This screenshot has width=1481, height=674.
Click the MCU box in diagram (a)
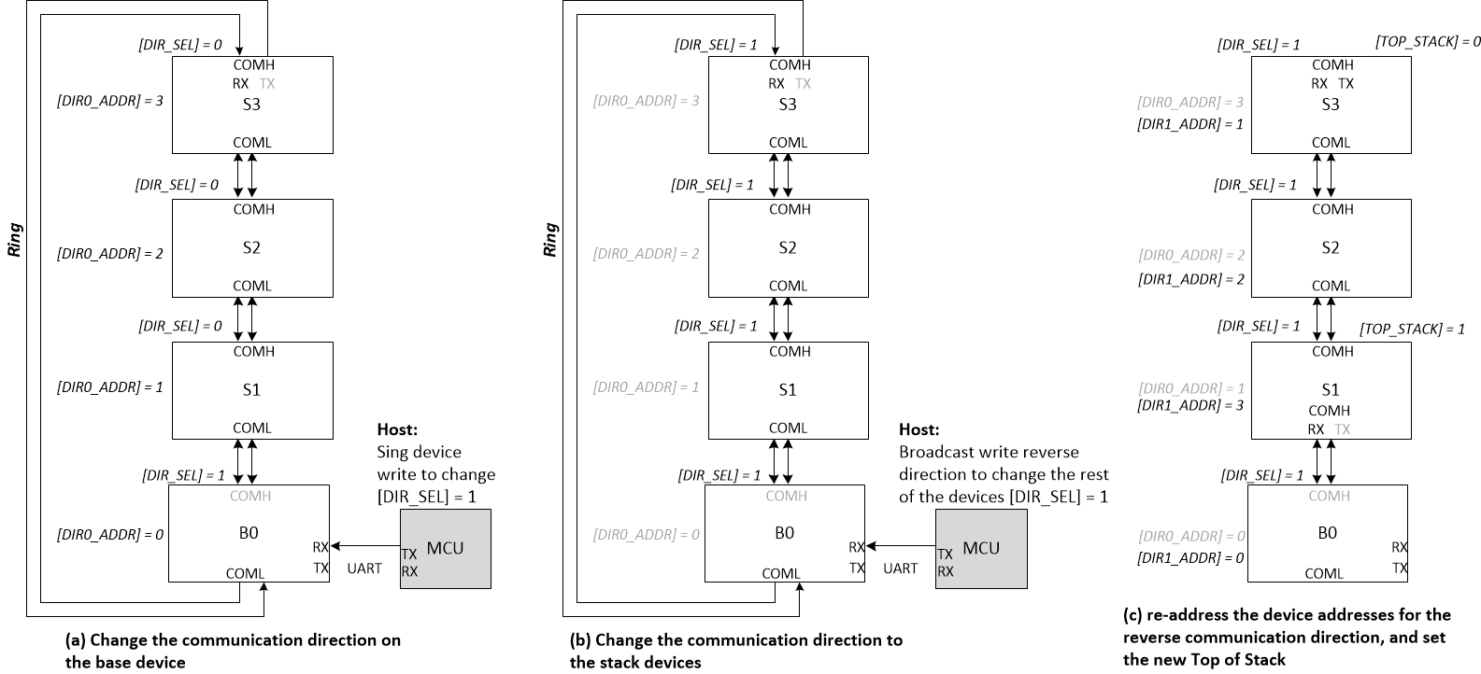pyautogui.click(x=445, y=549)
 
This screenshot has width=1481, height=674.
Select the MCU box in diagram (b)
pyautogui.click(x=981, y=549)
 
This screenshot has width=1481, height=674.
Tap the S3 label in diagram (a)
pyautogui.click(x=251, y=104)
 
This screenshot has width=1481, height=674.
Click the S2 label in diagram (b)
pyautogui.click(x=788, y=247)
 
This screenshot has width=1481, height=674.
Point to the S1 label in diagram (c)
pyautogui.click(x=1331, y=389)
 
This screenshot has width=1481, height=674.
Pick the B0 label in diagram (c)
pyautogui.click(x=1331, y=533)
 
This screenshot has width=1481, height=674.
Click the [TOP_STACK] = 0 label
pyautogui.click(x=1428, y=42)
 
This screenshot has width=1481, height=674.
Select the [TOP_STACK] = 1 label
pyautogui.click(x=1412, y=329)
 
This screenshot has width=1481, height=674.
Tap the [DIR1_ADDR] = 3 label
pyautogui.click(x=1190, y=405)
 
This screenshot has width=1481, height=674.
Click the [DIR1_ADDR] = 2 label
pyautogui.click(x=1190, y=279)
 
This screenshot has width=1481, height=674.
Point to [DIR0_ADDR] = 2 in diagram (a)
pyautogui.click(x=110, y=253)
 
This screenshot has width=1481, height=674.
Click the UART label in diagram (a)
pyautogui.click(x=364, y=568)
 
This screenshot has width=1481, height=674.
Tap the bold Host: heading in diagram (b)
pyautogui.click(x=919, y=429)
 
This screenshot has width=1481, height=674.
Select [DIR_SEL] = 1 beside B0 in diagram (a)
pyautogui.click(x=183, y=474)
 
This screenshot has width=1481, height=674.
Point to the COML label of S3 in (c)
pyautogui.click(x=1331, y=143)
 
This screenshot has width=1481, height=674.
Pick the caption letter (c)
pyautogui.click(x=1132, y=615)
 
